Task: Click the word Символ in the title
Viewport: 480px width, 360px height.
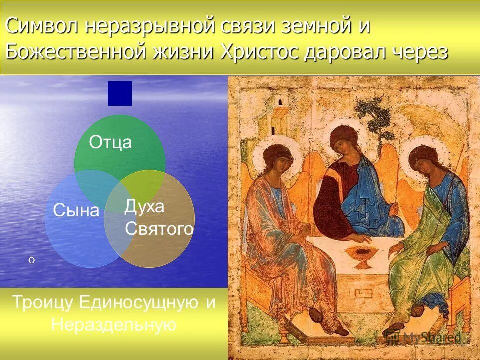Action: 41,26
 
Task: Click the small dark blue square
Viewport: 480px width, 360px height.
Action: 120,93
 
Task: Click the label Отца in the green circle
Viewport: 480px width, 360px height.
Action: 110,143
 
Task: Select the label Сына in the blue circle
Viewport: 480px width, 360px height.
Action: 76,211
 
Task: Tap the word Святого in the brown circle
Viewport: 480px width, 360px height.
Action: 159,229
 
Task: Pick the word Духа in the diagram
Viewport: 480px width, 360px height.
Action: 144,207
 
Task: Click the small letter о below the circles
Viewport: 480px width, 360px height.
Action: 31,260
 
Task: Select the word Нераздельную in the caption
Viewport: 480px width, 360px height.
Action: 113,325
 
